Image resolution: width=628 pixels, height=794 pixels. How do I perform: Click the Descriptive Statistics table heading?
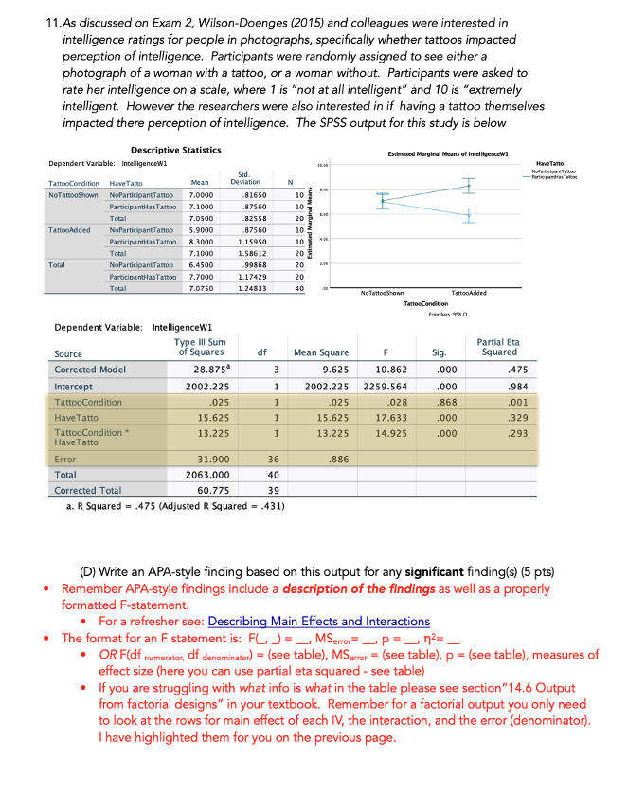(175, 150)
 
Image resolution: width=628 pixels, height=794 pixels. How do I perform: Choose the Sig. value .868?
(440, 402)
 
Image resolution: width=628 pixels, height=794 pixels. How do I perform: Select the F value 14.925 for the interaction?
(391, 436)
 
